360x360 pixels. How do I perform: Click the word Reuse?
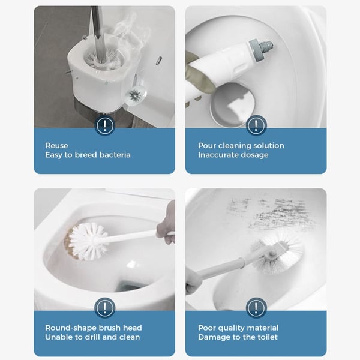click(56, 145)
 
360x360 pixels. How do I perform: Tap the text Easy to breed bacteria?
click(88, 155)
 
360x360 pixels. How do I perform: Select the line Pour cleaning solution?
click(241, 145)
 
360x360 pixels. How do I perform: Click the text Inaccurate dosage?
click(233, 155)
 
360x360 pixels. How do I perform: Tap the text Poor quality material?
click(238, 328)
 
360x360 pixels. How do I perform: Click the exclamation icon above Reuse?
click(105, 125)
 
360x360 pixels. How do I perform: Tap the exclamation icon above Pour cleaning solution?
click(256, 125)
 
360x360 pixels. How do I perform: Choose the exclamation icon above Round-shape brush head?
click(105, 308)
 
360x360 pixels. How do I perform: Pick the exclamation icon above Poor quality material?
click(256, 308)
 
